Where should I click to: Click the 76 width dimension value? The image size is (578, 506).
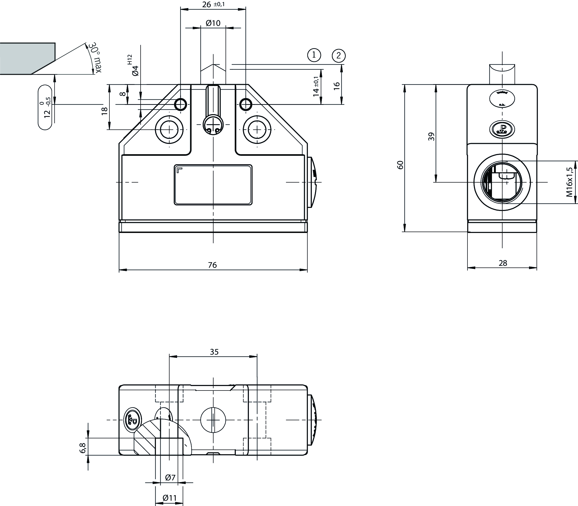click(x=212, y=265)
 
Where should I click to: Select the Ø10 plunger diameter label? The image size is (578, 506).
click(x=213, y=23)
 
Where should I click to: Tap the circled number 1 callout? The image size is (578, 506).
click(x=314, y=55)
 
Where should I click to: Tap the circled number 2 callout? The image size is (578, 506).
click(x=339, y=56)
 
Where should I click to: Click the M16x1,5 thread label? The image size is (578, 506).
click(x=569, y=182)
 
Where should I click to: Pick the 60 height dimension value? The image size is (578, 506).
click(x=400, y=164)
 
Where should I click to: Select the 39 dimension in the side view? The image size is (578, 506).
click(x=431, y=137)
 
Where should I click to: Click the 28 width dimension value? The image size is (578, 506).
click(x=503, y=263)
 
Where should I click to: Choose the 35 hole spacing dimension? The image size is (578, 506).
click(x=214, y=352)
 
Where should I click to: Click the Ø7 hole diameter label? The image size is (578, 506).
click(x=170, y=478)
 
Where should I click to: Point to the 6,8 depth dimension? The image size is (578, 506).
click(x=82, y=448)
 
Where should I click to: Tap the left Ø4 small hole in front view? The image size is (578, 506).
click(x=180, y=105)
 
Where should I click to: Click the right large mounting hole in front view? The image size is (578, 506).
click(x=257, y=130)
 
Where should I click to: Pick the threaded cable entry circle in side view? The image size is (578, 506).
click(x=502, y=182)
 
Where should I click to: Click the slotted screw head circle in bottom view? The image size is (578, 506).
click(x=213, y=420)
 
